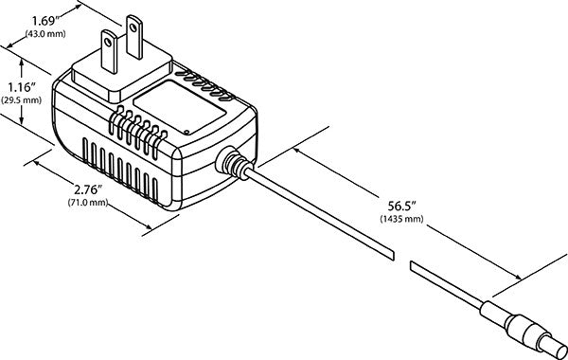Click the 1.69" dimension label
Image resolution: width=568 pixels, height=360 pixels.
[x=45, y=19]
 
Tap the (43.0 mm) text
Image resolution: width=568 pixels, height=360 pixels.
[x=46, y=32]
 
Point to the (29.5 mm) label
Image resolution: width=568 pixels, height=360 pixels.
[x=20, y=99]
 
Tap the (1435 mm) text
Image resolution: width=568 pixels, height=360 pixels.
[x=401, y=218]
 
